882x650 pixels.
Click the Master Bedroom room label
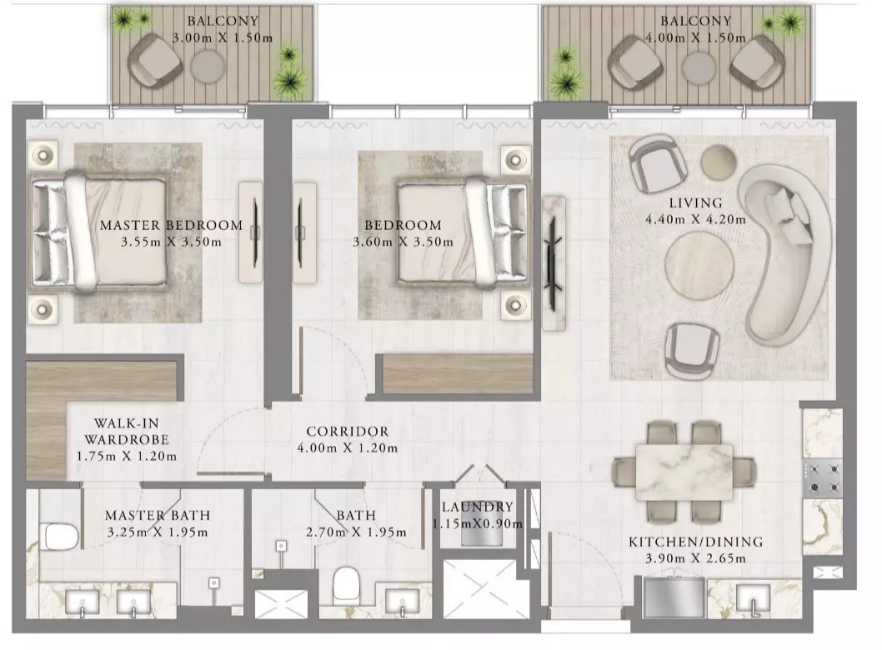click(x=171, y=226)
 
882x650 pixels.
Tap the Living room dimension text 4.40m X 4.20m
click(x=695, y=220)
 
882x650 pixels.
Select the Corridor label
click(x=347, y=432)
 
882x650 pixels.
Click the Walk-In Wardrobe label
click(x=127, y=432)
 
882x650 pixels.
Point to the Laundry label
click(x=478, y=507)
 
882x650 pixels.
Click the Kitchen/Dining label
click(x=696, y=542)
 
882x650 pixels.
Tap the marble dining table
click(x=684, y=472)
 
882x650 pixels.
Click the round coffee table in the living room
click(x=699, y=265)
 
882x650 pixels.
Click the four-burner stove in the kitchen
click(x=822, y=479)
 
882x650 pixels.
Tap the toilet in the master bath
click(x=58, y=537)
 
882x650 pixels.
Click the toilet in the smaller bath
click(x=346, y=586)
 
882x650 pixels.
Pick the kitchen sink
click(x=753, y=599)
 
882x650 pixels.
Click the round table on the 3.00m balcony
click(x=208, y=67)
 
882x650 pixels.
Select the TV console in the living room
click(x=554, y=263)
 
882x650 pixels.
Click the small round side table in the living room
click(x=719, y=162)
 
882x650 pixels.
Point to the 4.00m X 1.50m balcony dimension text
click(x=696, y=38)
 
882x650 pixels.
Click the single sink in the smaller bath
click(x=402, y=602)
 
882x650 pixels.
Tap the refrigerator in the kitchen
click(x=674, y=597)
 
